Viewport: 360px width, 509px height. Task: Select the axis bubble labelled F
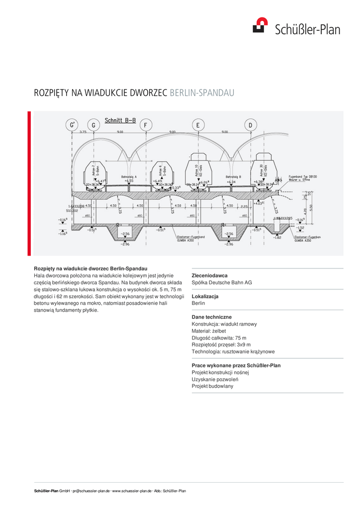point(145,125)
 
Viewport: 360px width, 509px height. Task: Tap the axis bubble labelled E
point(198,125)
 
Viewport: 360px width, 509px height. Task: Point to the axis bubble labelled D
point(250,125)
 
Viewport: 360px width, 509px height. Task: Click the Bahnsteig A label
point(129,177)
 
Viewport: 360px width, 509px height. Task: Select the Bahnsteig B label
point(233,177)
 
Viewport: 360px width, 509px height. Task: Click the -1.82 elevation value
point(277,238)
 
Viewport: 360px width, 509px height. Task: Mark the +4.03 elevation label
point(258,203)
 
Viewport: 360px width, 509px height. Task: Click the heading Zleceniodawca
point(209,275)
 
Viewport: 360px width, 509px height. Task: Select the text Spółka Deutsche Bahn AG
point(222,282)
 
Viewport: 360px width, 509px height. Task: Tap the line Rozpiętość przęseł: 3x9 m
point(221,344)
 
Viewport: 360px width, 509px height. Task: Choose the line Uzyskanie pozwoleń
point(215,379)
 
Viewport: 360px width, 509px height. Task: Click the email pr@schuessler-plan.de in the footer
point(91,491)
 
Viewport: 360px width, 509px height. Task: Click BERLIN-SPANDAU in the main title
point(201,93)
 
